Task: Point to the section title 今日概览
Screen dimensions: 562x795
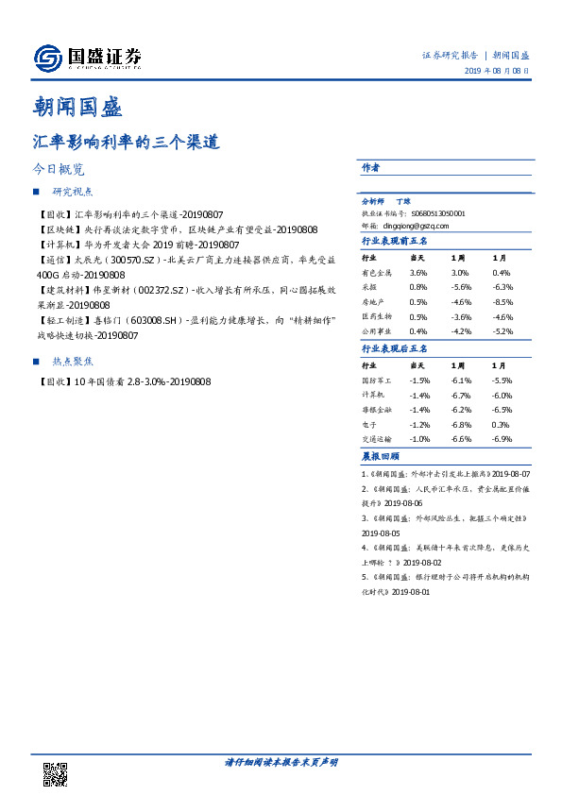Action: pos(60,171)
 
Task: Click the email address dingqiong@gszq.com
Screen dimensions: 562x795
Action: pos(408,227)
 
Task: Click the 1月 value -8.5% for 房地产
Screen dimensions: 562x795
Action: pos(502,302)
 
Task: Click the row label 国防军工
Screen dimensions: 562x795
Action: pos(376,380)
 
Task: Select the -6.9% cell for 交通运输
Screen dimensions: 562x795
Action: pos(502,439)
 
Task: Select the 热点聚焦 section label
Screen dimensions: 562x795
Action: pos(73,361)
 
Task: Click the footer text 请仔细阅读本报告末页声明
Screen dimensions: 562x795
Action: pos(281,761)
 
